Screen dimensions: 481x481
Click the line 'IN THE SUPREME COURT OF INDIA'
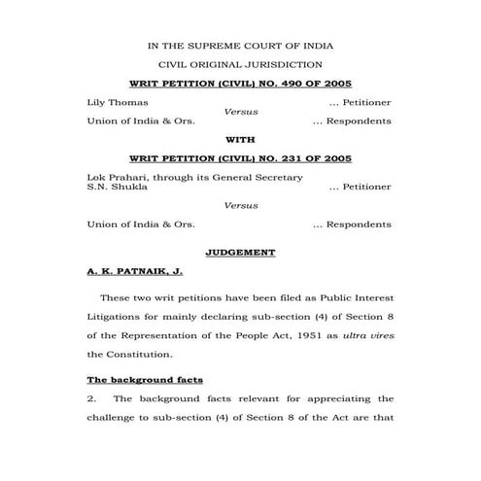(240, 46)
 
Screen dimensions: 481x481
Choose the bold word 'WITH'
(240, 140)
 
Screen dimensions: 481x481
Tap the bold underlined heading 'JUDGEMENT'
(240, 253)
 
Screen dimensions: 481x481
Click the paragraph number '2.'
(92, 398)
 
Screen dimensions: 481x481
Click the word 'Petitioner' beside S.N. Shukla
(366, 187)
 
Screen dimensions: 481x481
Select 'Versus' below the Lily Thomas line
(240, 112)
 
